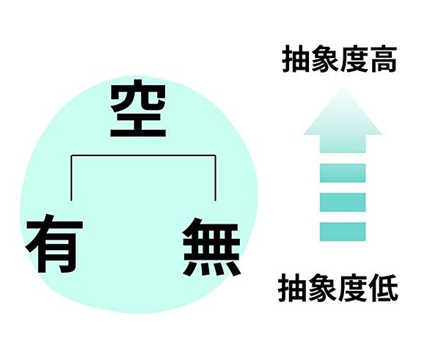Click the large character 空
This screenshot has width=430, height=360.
click(x=138, y=108)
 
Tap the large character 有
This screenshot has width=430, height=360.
click(x=54, y=243)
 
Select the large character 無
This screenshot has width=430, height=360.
click(x=212, y=246)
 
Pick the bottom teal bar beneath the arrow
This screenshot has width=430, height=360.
click(x=343, y=232)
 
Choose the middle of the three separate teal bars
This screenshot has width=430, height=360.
click(x=343, y=202)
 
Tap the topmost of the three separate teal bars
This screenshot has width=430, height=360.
click(x=343, y=173)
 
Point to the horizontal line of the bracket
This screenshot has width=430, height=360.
click(x=143, y=155)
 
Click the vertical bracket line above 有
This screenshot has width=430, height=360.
click(x=71, y=178)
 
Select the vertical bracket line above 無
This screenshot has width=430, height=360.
click(x=215, y=178)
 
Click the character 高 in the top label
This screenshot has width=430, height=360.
click(x=382, y=59)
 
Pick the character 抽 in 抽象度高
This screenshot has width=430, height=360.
click(x=296, y=59)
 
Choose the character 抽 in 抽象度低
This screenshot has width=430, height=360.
click(x=292, y=288)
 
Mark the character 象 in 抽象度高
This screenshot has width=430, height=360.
click(x=325, y=59)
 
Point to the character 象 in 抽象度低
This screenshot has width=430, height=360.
click(x=323, y=288)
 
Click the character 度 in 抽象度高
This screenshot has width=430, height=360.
click(x=354, y=59)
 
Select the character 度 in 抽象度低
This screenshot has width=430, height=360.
click(x=353, y=288)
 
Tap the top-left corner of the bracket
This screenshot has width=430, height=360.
click(x=71, y=155)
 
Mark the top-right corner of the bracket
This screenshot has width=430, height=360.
click(x=215, y=155)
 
